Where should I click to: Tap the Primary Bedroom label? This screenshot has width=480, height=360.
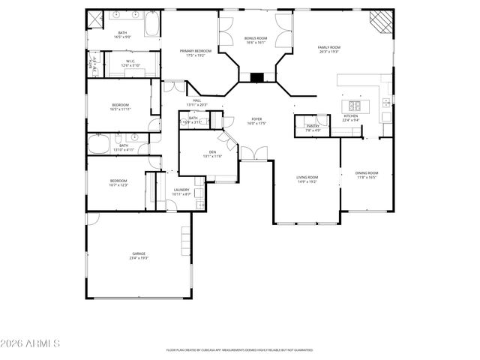(x=195, y=50)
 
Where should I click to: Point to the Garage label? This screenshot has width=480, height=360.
(x=139, y=254)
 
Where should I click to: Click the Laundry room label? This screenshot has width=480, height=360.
(x=181, y=190)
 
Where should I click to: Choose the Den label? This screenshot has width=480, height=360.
(x=212, y=152)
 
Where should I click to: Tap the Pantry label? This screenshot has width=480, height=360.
(x=313, y=126)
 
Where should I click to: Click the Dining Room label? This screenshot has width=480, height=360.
(x=367, y=173)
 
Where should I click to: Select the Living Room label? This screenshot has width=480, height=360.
(x=307, y=177)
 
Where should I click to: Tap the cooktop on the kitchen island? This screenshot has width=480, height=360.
(x=354, y=106)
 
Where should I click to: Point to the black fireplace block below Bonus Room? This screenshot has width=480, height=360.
(x=256, y=76)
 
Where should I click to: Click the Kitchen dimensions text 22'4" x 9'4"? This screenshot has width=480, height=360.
(x=351, y=120)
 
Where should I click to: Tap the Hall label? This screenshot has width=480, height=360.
(x=197, y=100)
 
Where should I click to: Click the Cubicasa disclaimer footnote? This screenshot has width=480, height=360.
(x=239, y=350)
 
